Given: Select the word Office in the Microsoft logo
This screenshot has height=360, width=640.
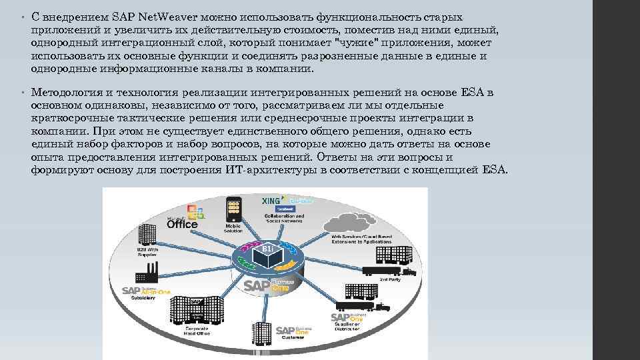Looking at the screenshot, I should [x=182, y=225].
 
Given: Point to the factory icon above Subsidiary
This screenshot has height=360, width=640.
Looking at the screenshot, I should [x=147, y=273].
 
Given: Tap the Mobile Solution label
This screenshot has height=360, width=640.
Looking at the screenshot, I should [x=233, y=229].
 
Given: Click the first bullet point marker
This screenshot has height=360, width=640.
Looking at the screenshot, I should [x=23, y=16].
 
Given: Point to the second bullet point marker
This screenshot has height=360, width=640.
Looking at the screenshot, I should [x=23, y=92].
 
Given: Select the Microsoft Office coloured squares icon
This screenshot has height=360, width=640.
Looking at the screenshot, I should [x=195, y=213].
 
